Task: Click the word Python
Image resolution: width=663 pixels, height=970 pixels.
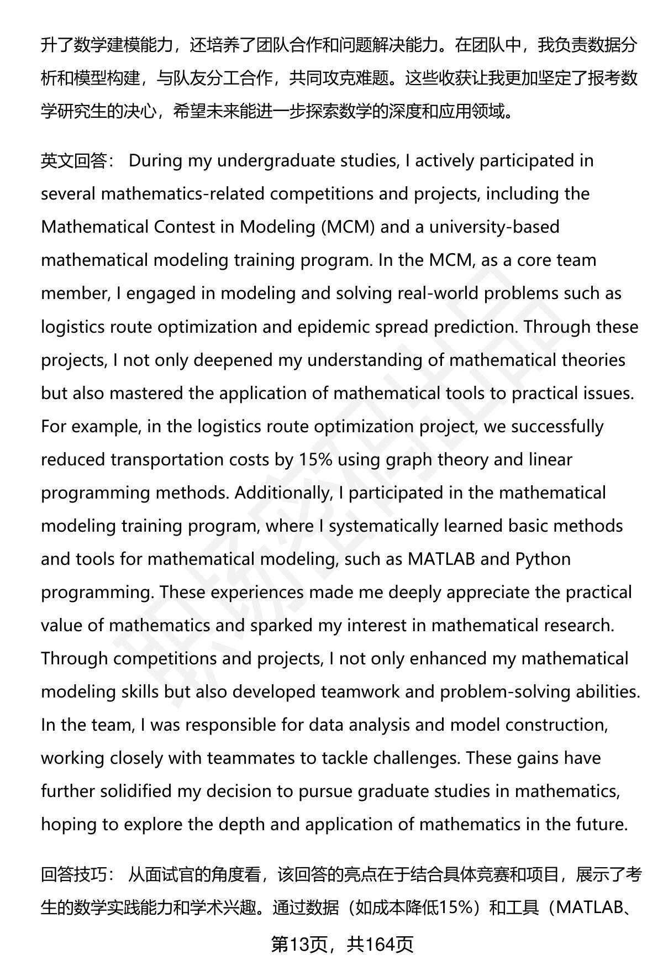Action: pos(543,559)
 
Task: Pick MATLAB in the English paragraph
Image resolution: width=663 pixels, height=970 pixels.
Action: pos(441,559)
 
